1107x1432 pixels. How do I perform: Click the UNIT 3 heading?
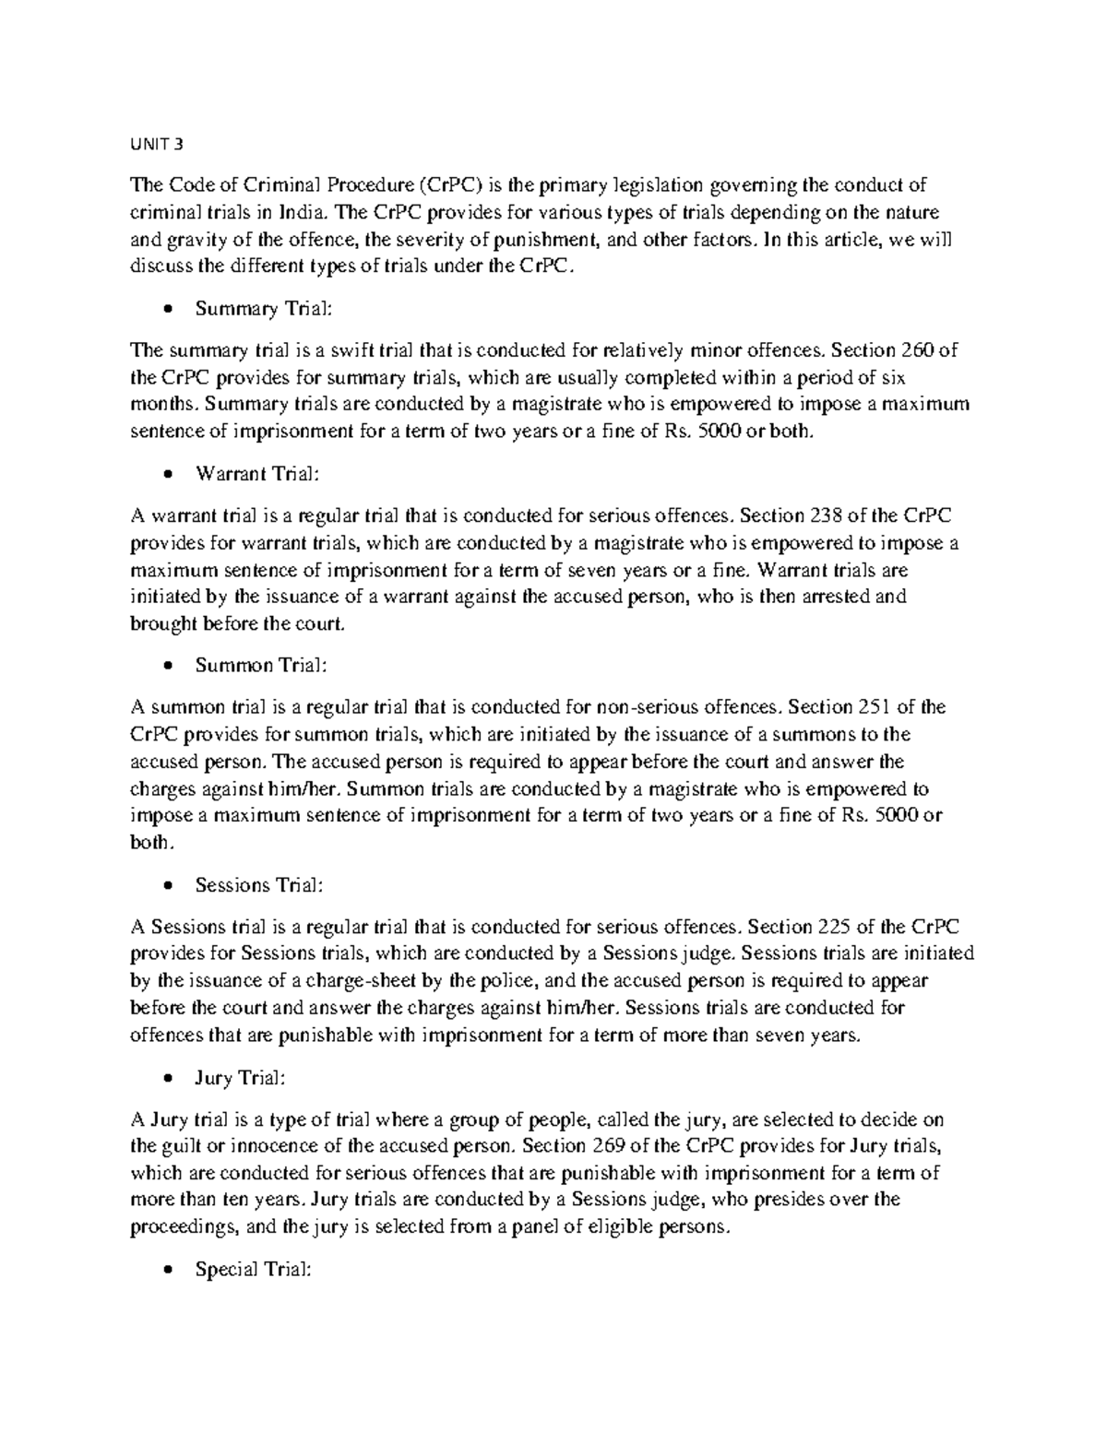(157, 143)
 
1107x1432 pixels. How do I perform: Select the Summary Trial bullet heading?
(262, 309)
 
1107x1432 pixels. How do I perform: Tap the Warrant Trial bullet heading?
(257, 474)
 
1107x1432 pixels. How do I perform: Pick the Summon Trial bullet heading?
(260, 666)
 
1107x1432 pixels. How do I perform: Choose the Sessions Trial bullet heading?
(259, 885)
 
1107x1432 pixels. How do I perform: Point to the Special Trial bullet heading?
(254, 1270)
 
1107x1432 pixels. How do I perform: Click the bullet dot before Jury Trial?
(166, 1079)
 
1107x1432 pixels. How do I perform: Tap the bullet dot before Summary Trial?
(166, 310)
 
